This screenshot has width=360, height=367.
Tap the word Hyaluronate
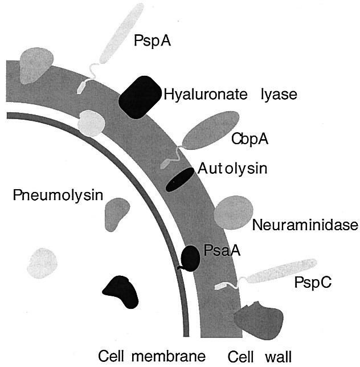click(200, 94)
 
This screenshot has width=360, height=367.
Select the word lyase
click(278, 94)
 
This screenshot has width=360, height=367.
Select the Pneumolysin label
click(57, 195)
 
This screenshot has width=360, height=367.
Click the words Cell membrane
click(151, 356)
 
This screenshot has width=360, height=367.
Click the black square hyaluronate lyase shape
click(139, 97)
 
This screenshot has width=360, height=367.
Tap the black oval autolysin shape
click(180, 179)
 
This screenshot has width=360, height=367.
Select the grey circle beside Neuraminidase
click(230, 212)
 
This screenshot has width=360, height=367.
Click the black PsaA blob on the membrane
click(190, 258)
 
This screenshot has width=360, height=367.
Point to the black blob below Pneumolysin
click(122, 291)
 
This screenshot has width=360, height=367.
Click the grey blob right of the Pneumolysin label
click(117, 213)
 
